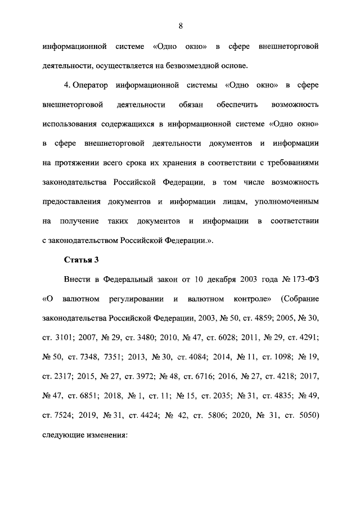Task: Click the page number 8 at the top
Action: [x=180, y=25]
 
